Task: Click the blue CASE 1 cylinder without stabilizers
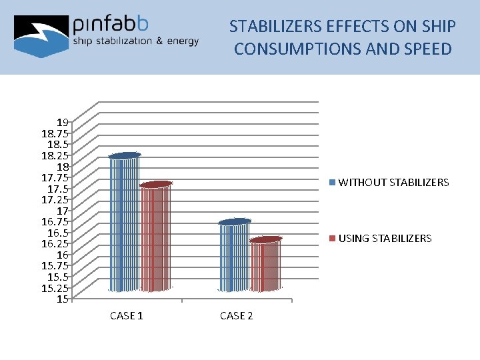click(125, 223)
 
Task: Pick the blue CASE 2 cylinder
click(235, 257)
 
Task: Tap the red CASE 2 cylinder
click(266, 265)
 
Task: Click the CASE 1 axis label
click(126, 316)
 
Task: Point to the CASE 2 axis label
click(237, 316)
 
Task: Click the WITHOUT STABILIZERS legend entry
click(393, 182)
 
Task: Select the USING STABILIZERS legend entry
click(385, 238)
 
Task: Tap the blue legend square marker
click(333, 182)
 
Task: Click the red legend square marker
click(333, 238)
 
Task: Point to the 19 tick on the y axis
click(63, 122)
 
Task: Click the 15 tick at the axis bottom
click(63, 299)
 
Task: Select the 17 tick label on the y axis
click(63, 211)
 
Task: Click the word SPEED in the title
click(426, 49)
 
